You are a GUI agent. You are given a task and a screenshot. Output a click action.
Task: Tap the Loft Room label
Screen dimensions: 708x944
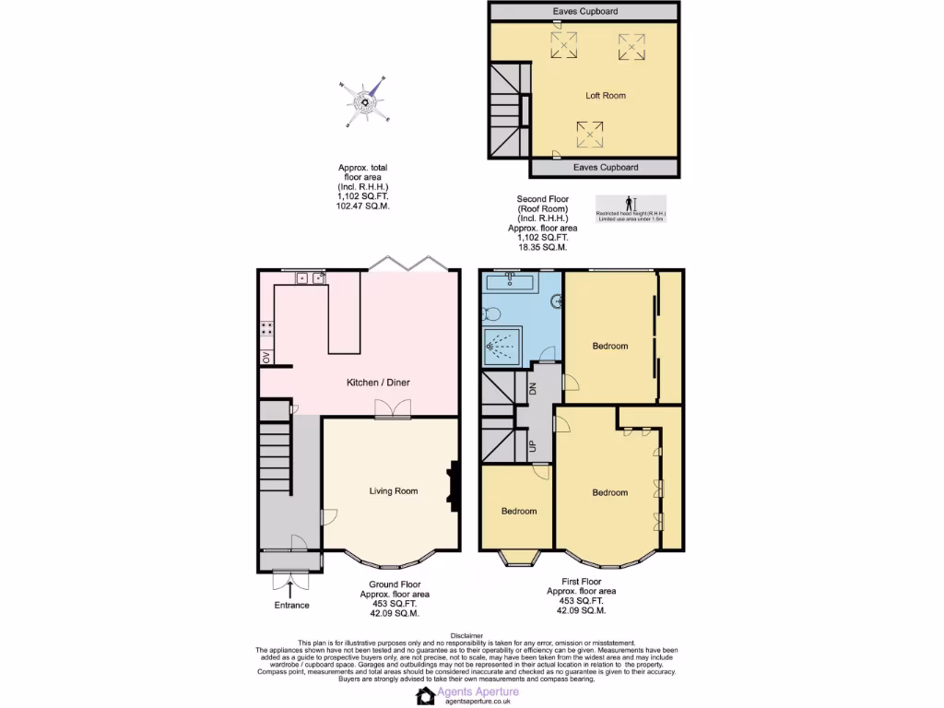pyautogui.click(x=606, y=95)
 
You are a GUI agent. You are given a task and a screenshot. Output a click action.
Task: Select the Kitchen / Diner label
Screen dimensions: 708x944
pyautogui.click(x=378, y=383)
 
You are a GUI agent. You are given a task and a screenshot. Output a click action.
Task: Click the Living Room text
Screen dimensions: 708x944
pyautogui.click(x=394, y=491)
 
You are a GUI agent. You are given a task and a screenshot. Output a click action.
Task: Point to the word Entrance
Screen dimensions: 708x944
pyautogui.click(x=291, y=605)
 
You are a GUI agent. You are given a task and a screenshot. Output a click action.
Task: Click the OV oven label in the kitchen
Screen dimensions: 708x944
pyautogui.click(x=266, y=357)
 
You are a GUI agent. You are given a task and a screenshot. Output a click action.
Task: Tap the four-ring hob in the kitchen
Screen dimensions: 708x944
pyautogui.click(x=266, y=327)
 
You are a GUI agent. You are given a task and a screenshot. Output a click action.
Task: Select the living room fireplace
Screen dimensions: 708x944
pyautogui.click(x=453, y=487)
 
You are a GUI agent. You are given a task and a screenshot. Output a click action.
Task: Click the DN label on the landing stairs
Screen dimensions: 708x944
pyautogui.click(x=532, y=388)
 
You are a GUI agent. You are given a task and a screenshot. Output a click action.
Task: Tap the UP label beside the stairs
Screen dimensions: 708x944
pyautogui.click(x=532, y=446)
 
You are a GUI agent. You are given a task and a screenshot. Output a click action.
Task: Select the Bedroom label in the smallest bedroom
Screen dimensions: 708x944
pyautogui.click(x=519, y=511)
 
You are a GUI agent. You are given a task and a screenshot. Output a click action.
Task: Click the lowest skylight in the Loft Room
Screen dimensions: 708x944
pyautogui.click(x=590, y=135)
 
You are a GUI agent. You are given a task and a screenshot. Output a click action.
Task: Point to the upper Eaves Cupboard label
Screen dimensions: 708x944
pyautogui.click(x=585, y=11)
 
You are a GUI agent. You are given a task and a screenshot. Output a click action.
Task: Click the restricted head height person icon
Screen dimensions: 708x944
pyautogui.click(x=631, y=203)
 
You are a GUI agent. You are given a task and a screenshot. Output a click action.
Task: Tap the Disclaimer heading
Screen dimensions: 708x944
pyautogui.click(x=467, y=635)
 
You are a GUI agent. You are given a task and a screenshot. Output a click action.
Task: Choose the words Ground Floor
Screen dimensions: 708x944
pyautogui.click(x=396, y=584)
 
